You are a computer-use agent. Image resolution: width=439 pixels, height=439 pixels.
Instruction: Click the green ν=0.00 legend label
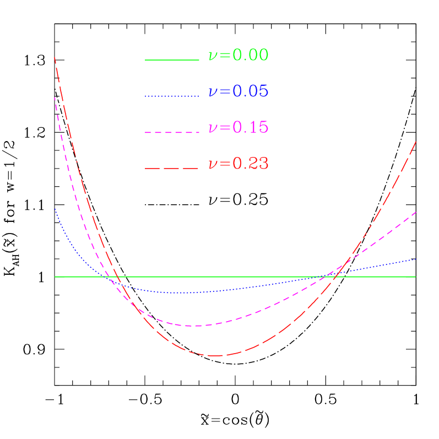coord(238,55)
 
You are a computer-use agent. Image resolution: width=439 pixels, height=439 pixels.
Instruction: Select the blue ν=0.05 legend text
coord(238,91)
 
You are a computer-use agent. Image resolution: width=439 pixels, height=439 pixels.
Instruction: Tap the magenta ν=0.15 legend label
coord(238,128)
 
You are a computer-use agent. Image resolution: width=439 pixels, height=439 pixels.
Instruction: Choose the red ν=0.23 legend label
coord(238,164)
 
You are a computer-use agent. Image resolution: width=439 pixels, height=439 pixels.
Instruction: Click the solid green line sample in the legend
coord(172,59)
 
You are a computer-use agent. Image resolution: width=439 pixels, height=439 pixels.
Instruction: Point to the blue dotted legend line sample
coord(172,96)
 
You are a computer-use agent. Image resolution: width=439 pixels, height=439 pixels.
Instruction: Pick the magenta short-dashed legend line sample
coord(172,133)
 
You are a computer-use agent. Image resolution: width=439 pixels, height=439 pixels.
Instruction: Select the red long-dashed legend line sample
coord(172,168)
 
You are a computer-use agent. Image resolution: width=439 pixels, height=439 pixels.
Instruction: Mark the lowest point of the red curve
coord(215,356)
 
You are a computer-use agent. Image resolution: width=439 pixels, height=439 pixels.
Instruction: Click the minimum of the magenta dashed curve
coord(196,326)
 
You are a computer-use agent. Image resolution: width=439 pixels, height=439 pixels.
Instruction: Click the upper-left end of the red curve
coord(55,57)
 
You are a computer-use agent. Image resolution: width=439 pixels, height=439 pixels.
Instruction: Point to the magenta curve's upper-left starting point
coord(55,98)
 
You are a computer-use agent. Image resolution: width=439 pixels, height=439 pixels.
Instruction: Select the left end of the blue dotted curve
coord(55,208)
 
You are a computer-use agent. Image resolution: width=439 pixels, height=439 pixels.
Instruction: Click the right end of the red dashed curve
coord(416,142)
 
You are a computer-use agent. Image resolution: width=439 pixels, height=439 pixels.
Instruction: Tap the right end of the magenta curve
coord(416,212)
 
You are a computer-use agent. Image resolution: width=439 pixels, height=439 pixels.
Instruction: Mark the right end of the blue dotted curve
coord(416,258)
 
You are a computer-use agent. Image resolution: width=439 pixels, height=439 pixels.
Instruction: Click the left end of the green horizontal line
coord(55,277)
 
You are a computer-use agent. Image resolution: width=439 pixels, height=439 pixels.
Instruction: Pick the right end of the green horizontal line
coord(415,277)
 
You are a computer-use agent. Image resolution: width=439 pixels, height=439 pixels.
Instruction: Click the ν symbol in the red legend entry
coord(213,165)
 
